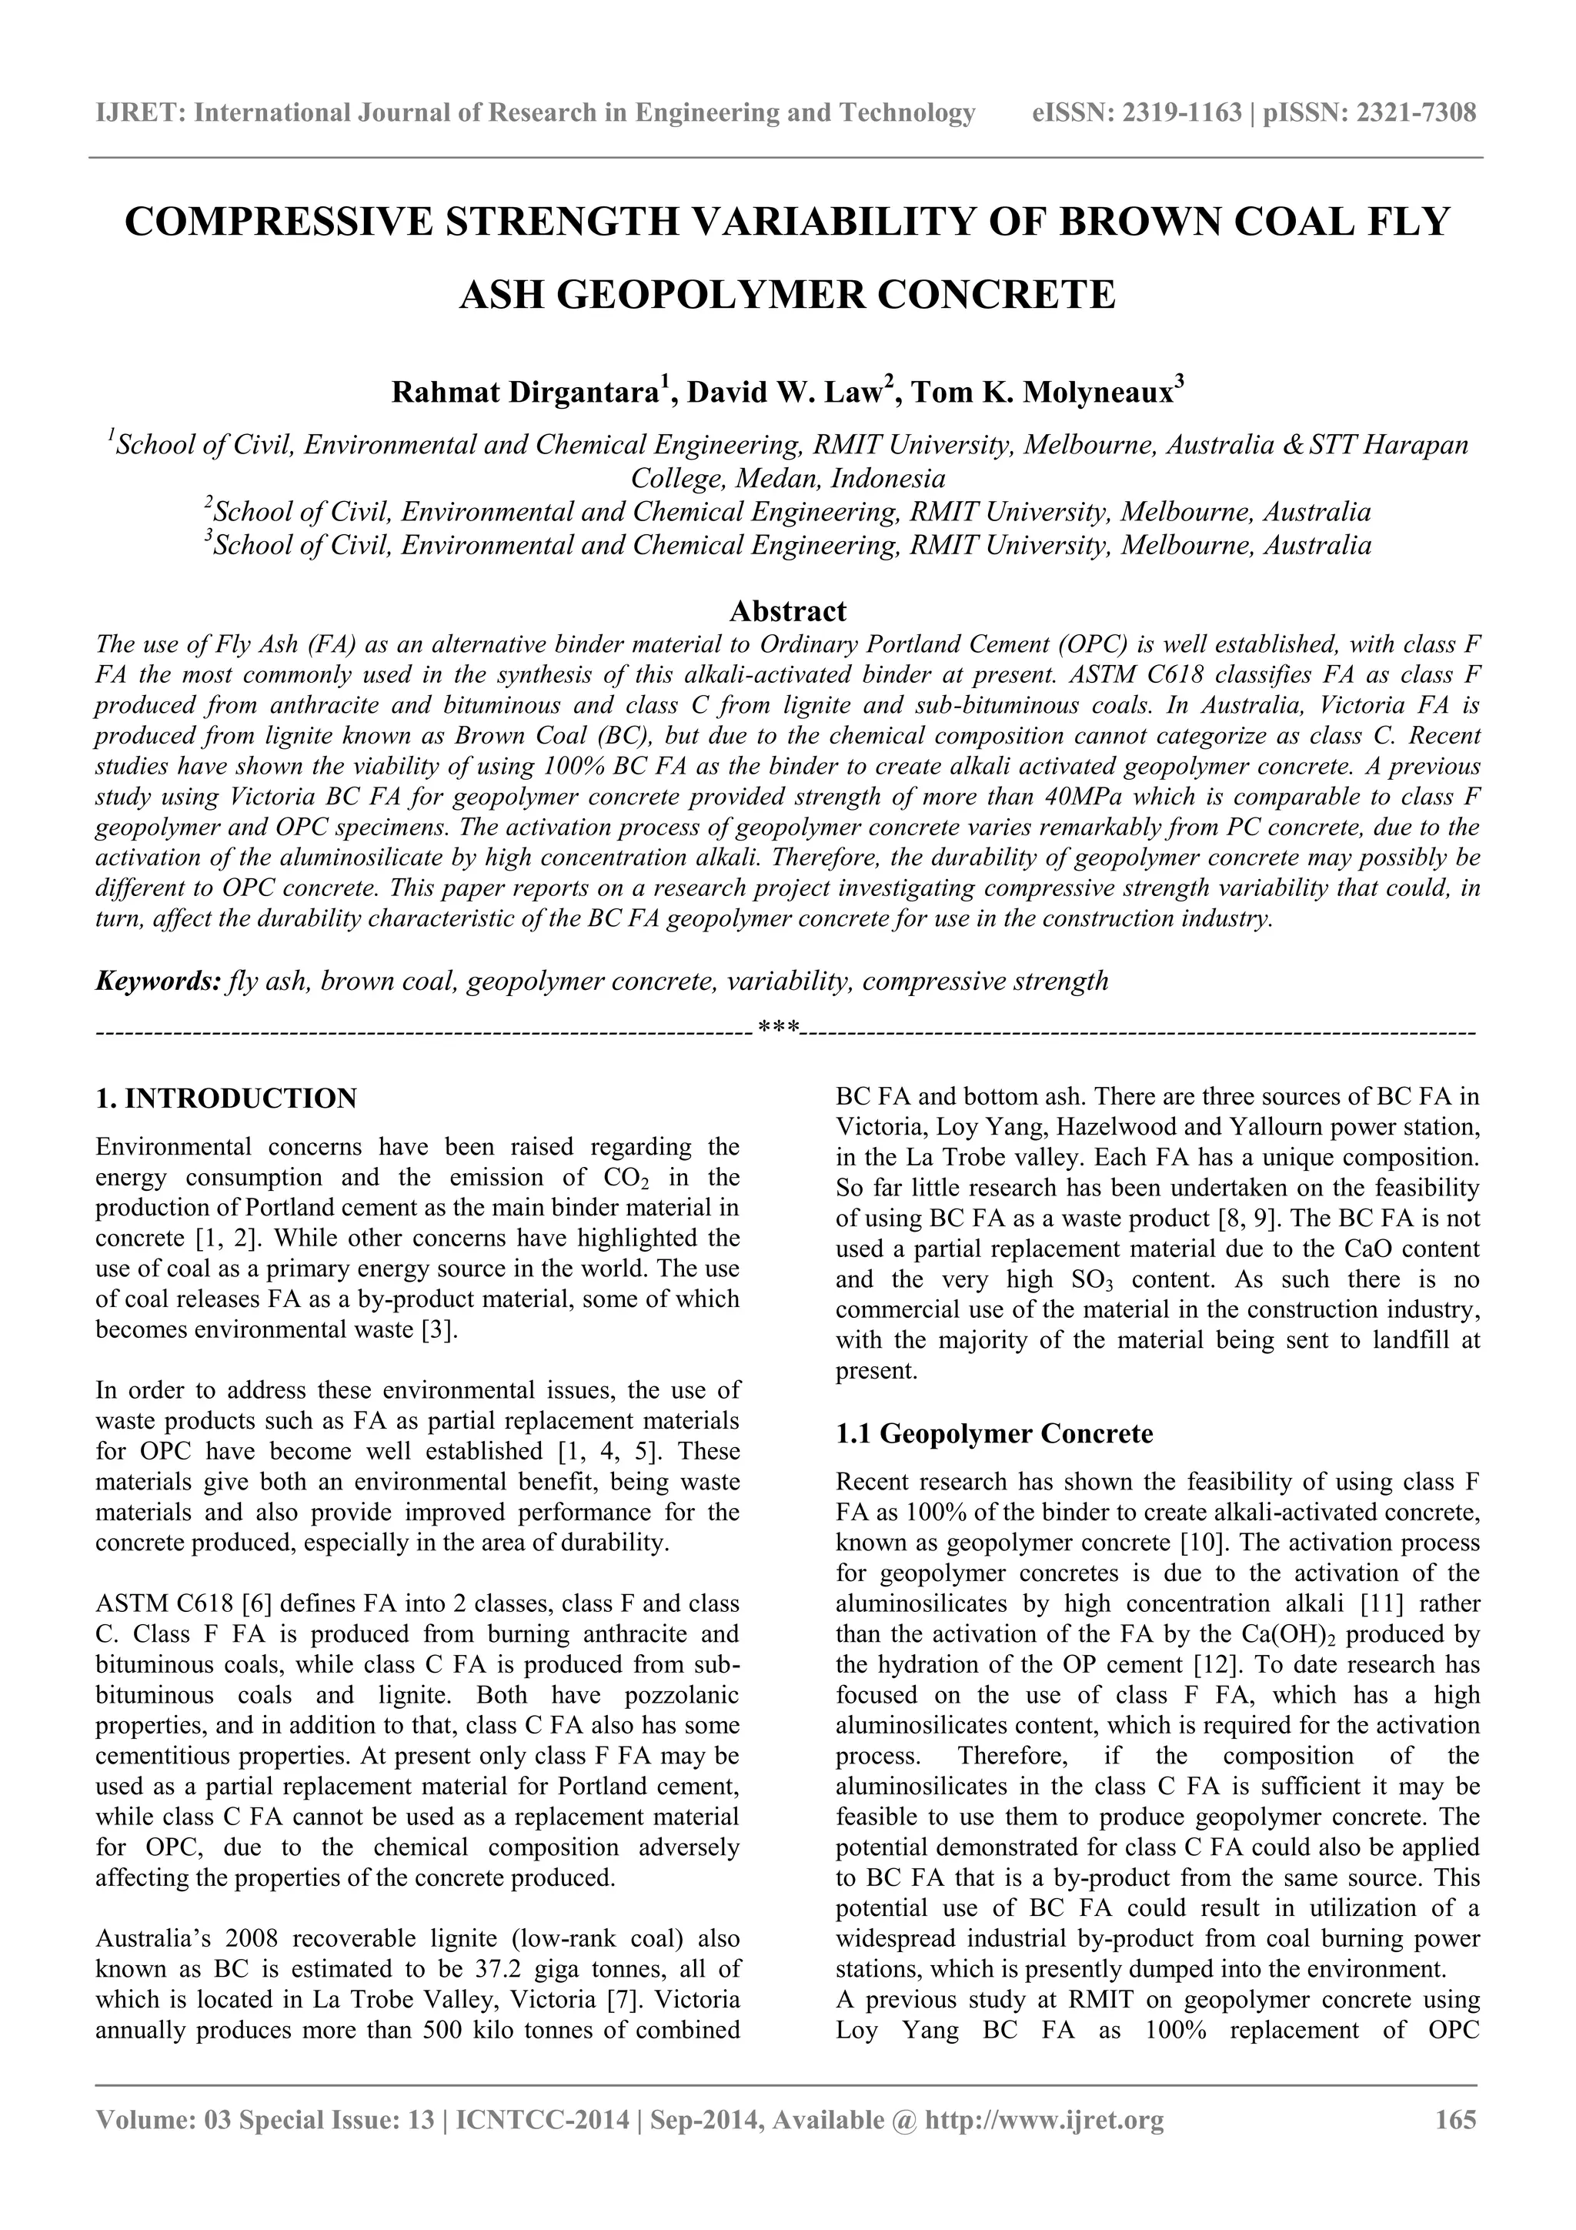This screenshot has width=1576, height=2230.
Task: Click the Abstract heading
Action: pyautogui.click(x=787, y=611)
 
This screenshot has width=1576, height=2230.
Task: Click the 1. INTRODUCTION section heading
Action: pyautogui.click(x=226, y=1098)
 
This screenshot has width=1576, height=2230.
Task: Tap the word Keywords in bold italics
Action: pyautogui.click(x=157, y=981)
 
